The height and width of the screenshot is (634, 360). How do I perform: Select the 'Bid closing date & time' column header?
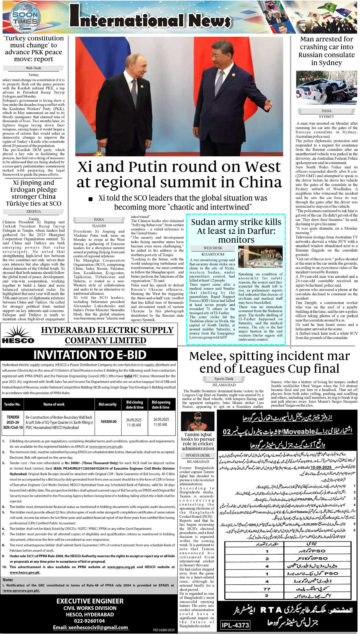pos(135,404)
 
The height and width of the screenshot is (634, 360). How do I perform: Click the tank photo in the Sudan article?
pos(260,256)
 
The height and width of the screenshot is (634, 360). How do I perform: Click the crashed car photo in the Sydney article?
pos(326,88)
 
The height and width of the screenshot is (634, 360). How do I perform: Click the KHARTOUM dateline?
pos(213,254)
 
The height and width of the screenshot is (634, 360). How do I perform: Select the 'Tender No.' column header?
pos(12,404)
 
